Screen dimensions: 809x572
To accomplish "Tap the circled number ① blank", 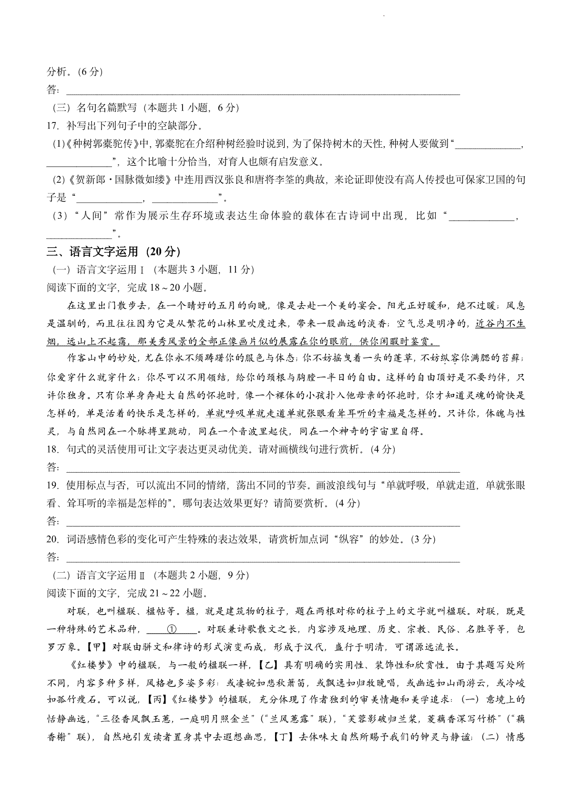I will [x=172, y=629].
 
